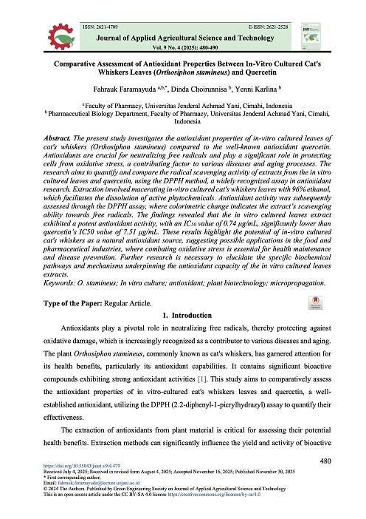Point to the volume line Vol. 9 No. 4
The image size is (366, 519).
click(183, 46)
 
